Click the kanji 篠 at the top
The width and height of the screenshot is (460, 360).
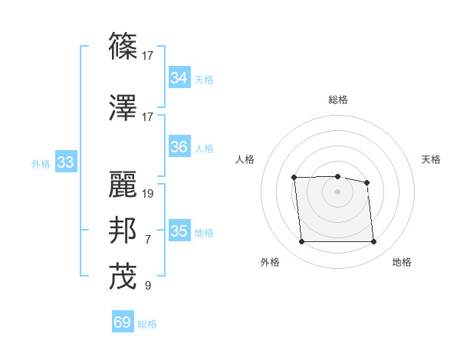123,46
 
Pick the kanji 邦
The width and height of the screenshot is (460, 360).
123,231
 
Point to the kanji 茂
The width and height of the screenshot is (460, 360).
123,277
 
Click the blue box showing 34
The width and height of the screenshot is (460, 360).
179,77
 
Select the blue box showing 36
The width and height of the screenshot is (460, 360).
179,147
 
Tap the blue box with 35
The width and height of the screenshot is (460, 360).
179,231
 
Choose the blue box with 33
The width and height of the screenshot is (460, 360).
65,162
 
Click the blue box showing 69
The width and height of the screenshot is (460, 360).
122,322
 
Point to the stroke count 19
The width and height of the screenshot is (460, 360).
148,193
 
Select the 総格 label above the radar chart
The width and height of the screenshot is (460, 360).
337,100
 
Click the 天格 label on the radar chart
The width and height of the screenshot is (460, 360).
431,159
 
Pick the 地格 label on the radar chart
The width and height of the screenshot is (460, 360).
402,262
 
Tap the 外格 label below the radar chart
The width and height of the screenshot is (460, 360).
270,262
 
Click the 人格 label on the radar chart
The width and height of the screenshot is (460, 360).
245,159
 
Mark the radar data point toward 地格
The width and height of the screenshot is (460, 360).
373,242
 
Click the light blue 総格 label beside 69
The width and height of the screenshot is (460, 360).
147,324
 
